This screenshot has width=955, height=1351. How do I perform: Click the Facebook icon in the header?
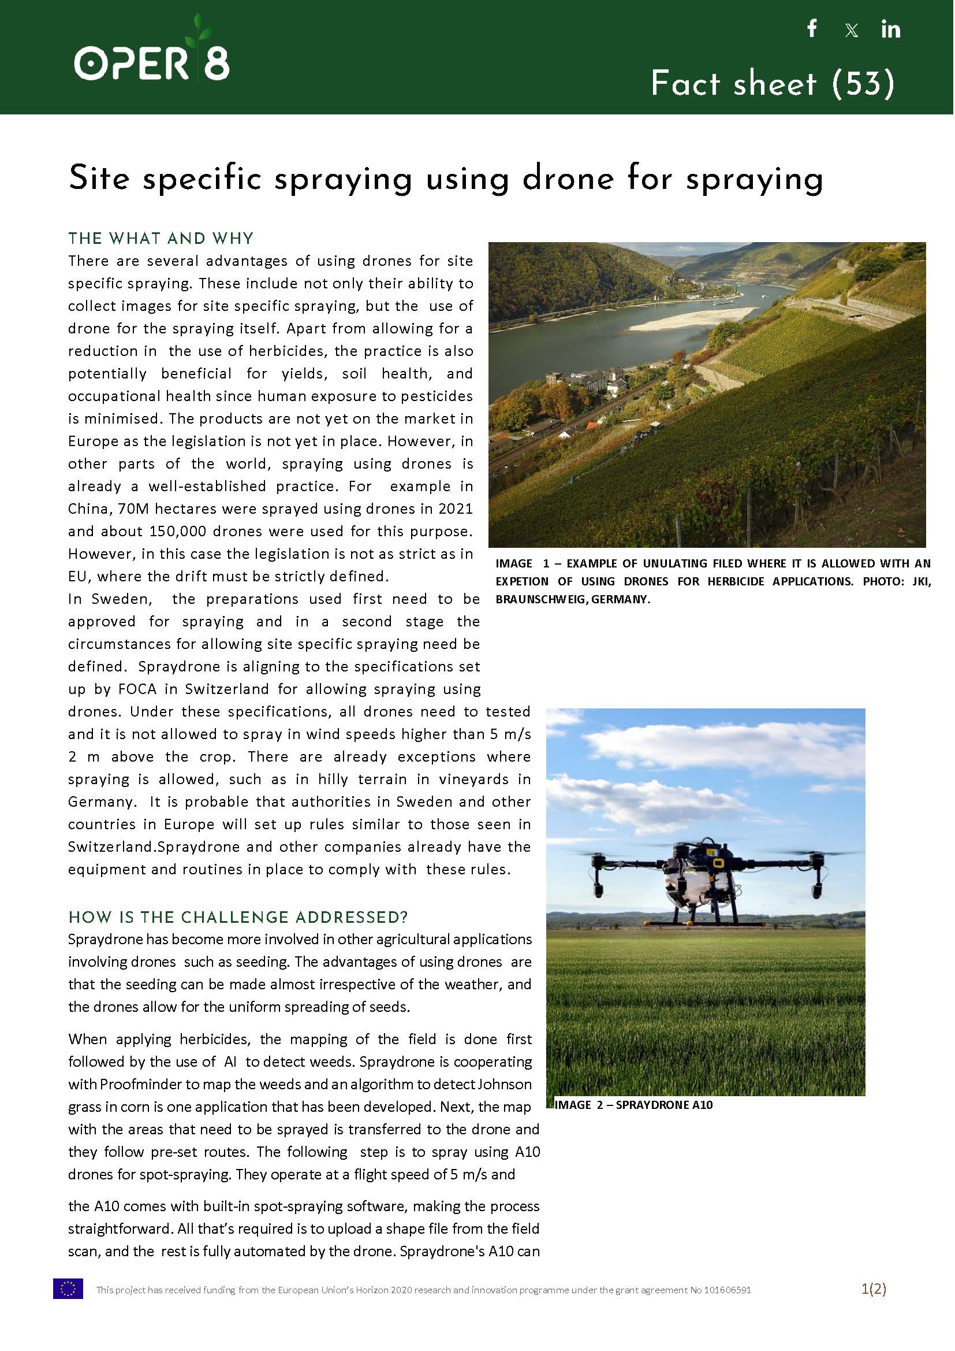(x=812, y=28)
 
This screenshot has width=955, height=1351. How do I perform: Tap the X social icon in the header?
(x=851, y=31)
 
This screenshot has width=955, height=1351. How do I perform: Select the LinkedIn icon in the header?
(x=890, y=29)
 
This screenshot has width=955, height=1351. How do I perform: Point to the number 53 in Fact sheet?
(x=863, y=84)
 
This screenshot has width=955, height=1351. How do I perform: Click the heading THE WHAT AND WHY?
(x=161, y=238)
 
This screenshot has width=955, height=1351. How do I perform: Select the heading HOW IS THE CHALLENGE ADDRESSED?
(x=237, y=918)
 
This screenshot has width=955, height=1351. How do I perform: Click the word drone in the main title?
(x=568, y=179)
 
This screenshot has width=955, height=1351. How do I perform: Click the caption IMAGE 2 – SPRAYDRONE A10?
(x=633, y=1105)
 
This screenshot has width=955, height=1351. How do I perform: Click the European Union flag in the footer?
(x=68, y=1289)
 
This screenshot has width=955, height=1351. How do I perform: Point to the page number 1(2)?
(x=873, y=1289)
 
